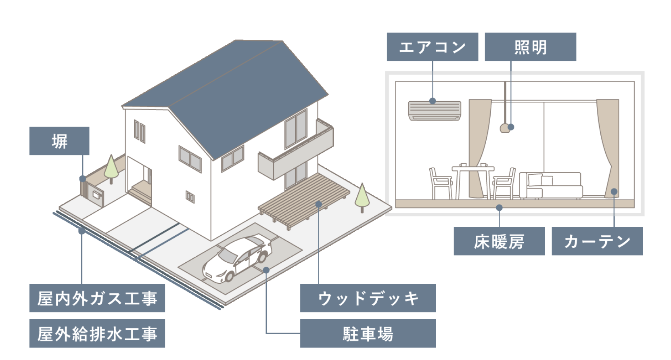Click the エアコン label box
tap(432, 47)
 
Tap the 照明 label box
tap(530, 47)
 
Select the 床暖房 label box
tap(499, 241)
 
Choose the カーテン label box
tap(597, 241)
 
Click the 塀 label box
tap(59, 141)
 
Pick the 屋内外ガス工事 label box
tap(97, 298)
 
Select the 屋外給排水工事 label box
tap(97, 333)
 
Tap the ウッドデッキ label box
tap(368, 298)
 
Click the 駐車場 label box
tap(368, 333)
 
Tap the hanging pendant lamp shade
tap(504, 128)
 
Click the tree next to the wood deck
tap(362, 196)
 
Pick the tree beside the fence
tap(111, 167)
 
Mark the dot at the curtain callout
tap(614, 192)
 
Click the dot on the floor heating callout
tap(499, 207)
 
